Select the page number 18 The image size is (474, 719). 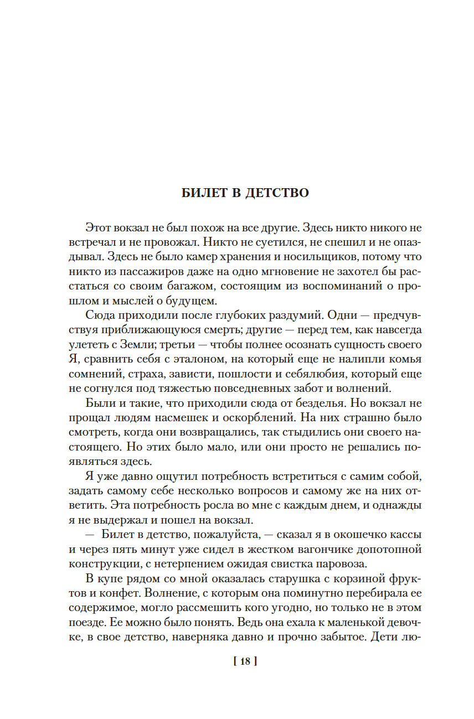click(246, 660)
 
